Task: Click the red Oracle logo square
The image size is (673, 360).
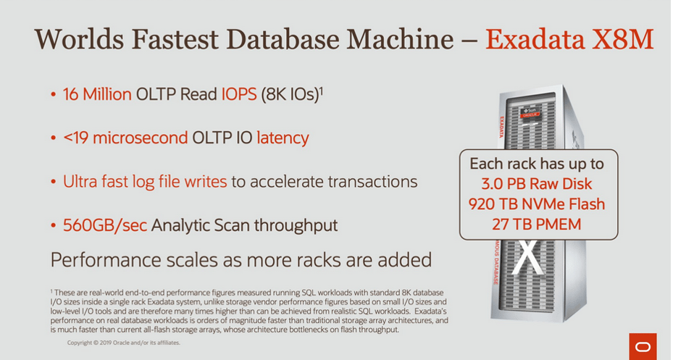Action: pos(643,346)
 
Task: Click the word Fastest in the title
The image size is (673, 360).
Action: pos(175,39)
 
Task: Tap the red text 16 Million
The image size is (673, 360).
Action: pos(97,94)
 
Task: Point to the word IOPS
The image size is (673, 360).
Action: pos(239,94)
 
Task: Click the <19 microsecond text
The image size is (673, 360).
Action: pos(125,138)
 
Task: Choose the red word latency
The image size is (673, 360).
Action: pos(283,138)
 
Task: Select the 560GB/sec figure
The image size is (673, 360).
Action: pos(105,225)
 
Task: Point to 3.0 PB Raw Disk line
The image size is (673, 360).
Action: pos(537,184)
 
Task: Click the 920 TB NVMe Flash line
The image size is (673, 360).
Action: pos(537,204)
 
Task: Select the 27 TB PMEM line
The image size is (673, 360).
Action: pos(537,224)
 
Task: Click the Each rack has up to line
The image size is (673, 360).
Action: pos(537,164)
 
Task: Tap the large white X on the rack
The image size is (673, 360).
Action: pos(528,256)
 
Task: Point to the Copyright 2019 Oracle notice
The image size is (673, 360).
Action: pos(124,343)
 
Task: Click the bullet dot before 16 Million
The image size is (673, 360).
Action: pos(53,94)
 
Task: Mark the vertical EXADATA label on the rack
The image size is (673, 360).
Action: pos(501,127)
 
